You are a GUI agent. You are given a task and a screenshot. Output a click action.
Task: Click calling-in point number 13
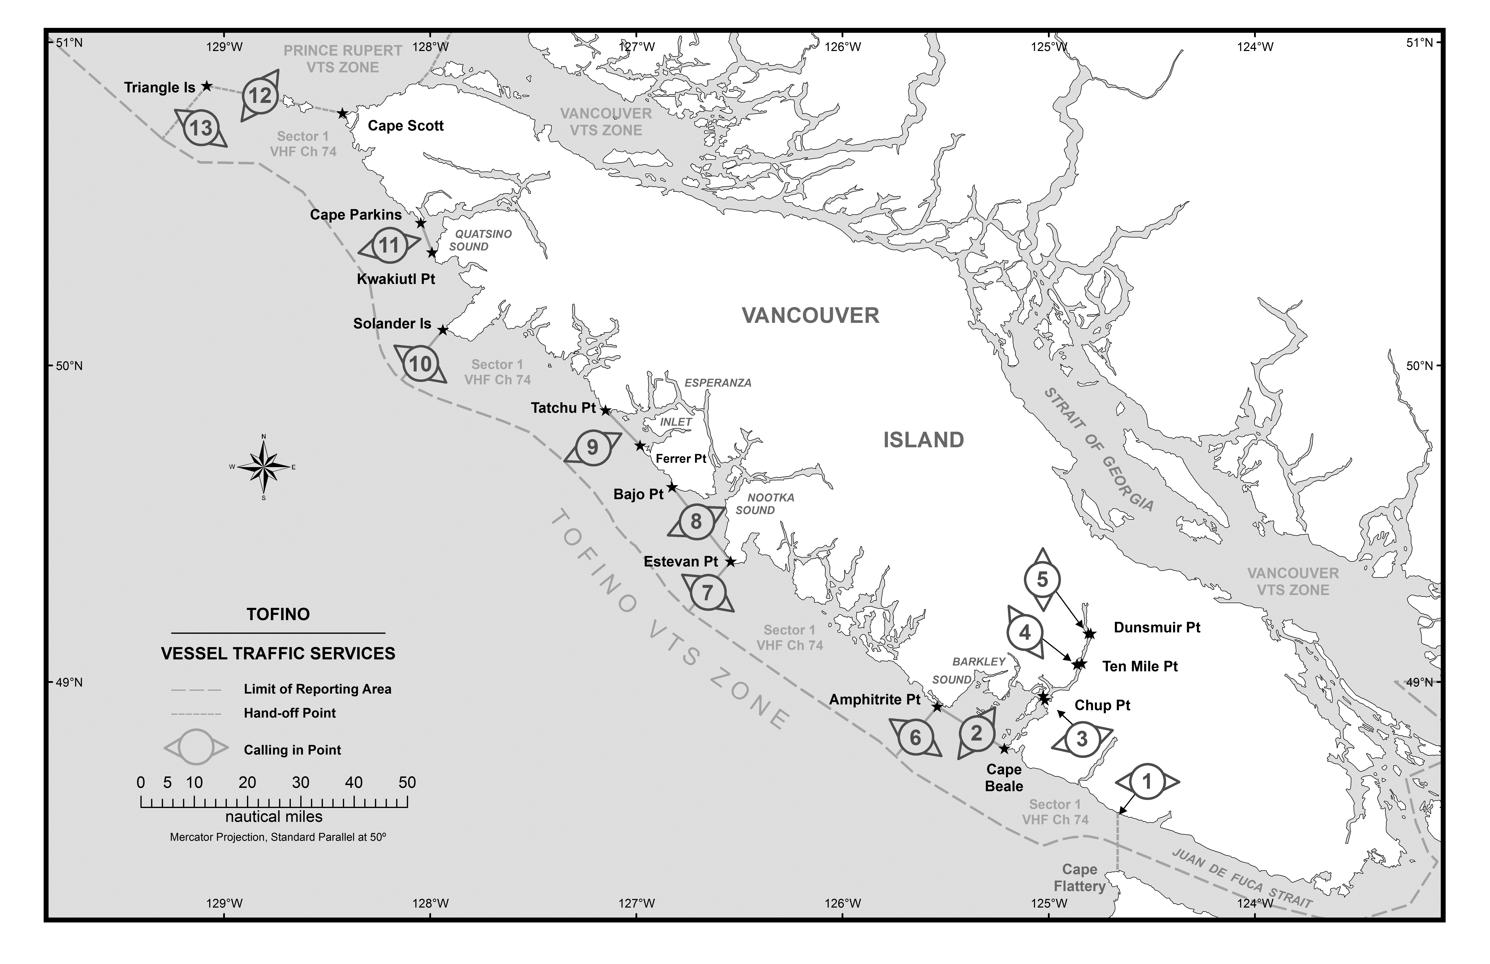coord(201,128)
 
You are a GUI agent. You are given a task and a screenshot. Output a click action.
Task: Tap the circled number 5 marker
coord(1042,580)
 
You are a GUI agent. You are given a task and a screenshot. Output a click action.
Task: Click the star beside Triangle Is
coord(207,86)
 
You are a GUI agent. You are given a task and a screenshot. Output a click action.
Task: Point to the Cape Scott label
coord(406,126)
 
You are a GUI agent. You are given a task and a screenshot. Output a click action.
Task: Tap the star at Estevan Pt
coord(730,562)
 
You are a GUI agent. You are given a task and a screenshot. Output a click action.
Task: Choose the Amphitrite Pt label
coord(875,700)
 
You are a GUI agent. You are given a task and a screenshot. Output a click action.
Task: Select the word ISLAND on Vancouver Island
coord(923,440)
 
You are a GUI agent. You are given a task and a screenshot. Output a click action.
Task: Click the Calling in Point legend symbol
coord(196,747)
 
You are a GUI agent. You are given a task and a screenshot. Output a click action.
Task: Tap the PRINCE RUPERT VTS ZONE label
coord(343,59)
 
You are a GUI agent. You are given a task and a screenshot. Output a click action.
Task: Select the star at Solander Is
coord(443,330)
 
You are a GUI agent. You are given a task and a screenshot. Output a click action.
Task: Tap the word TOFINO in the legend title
coord(278,614)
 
